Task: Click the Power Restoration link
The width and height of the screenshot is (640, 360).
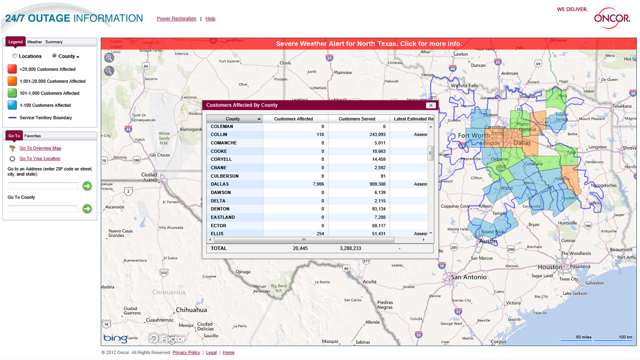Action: coord(176,19)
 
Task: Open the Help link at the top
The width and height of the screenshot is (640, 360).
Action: coord(210,19)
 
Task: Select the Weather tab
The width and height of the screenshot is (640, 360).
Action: coord(35,42)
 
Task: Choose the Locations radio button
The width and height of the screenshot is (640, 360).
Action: coord(15,56)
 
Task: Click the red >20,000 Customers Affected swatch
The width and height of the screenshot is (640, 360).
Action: coord(12,69)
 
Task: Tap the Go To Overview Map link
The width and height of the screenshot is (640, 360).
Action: coord(40,148)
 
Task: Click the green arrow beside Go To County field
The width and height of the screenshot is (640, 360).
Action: coord(87,209)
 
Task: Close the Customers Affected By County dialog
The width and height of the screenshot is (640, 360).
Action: coord(431,105)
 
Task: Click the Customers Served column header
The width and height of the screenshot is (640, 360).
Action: coord(357,119)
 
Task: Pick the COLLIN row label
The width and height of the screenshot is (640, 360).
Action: coord(219,134)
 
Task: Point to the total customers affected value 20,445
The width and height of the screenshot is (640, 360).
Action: coord(300,248)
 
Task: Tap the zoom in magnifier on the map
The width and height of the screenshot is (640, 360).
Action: coord(109,58)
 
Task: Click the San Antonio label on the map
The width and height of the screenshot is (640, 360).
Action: coord(468,277)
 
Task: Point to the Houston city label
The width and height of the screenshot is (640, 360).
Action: coord(550,267)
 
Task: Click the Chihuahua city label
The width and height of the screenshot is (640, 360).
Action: coord(191,310)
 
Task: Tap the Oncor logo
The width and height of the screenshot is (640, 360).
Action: coord(612,18)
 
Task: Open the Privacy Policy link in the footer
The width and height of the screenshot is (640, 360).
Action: coord(186,353)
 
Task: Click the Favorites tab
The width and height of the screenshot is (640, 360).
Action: coord(32,136)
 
